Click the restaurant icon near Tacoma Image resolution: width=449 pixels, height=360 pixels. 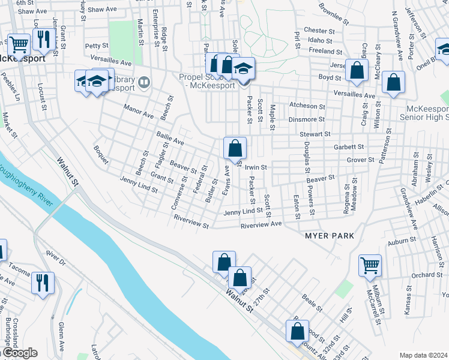point(43,283)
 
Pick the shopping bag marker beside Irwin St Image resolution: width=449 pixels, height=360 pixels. point(235,148)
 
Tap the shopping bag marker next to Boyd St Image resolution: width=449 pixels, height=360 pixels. point(357,70)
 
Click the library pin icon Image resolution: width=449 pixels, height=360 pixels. point(144,82)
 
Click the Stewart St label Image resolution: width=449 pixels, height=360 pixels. point(316,134)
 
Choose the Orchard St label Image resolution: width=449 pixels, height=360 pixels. point(427,275)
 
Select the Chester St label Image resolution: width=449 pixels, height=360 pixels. point(319,31)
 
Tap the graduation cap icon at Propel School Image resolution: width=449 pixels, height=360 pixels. point(243,70)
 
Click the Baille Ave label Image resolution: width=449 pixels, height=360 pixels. point(170,139)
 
